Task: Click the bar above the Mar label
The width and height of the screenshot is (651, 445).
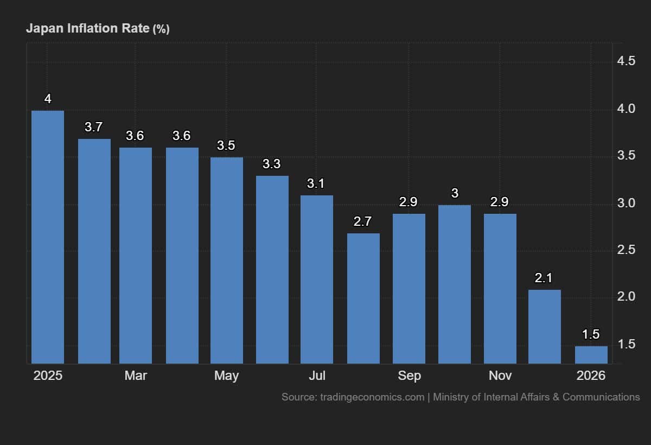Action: click(x=136, y=256)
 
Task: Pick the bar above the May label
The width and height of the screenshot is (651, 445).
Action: click(x=227, y=260)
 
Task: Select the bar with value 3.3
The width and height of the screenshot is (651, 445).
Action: click(x=272, y=270)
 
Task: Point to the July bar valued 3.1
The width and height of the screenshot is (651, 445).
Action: click(x=317, y=279)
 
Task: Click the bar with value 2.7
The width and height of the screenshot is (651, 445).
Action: click(x=363, y=298)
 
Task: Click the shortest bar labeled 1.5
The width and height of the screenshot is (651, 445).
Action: click(x=591, y=355)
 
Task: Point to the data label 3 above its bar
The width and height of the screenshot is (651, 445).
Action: click(x=455, y=193)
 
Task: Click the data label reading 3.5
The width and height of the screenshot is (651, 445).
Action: click(x=226, y=145)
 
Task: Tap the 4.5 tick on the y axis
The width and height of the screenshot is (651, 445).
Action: click(x=626, y=61)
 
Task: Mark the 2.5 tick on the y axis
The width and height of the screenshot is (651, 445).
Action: click(x=626, y=250)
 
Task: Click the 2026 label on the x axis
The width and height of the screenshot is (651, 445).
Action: click(x=591, y=376)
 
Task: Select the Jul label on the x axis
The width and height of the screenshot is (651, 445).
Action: click(x=317, y=376)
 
